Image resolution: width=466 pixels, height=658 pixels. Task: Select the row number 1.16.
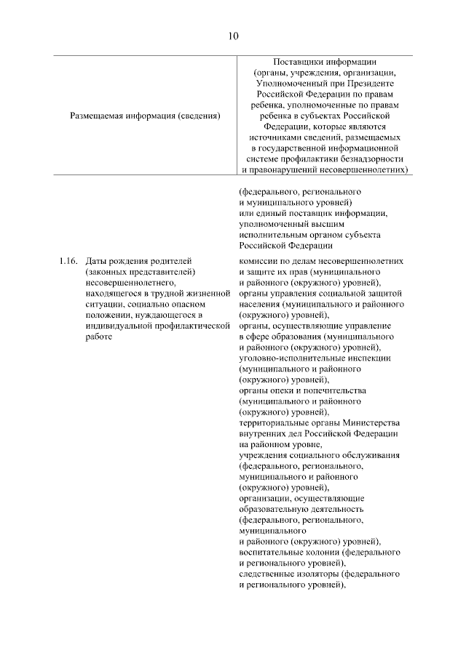67,260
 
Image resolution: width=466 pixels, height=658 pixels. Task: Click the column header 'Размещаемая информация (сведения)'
145,115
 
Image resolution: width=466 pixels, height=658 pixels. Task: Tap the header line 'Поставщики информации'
324,62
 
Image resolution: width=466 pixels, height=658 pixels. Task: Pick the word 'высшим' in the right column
351,224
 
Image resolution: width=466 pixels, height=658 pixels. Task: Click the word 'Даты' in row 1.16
96,260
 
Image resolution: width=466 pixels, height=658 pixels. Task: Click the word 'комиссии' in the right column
258,260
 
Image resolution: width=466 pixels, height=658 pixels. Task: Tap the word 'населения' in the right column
261,304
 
